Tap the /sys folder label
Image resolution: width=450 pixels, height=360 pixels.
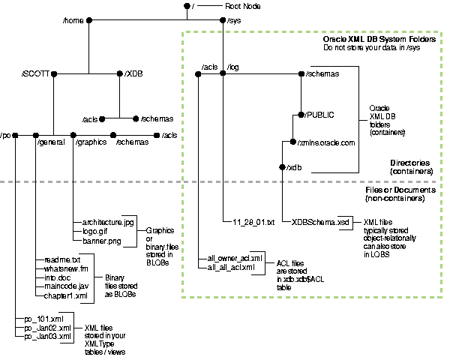(x=235, y=21)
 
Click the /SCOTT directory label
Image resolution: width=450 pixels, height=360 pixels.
(x=36, y=74)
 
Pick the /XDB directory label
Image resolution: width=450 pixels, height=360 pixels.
(x=134, y=74)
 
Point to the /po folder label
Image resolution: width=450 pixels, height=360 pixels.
(x=7, y=135)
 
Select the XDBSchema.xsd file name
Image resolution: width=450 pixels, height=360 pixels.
(x=321, y=223)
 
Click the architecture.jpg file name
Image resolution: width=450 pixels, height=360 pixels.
(x=107, y=223)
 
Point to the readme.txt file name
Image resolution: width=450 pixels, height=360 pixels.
(x=61, y=259)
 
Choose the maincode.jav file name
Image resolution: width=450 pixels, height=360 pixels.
(x=67, y=286)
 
